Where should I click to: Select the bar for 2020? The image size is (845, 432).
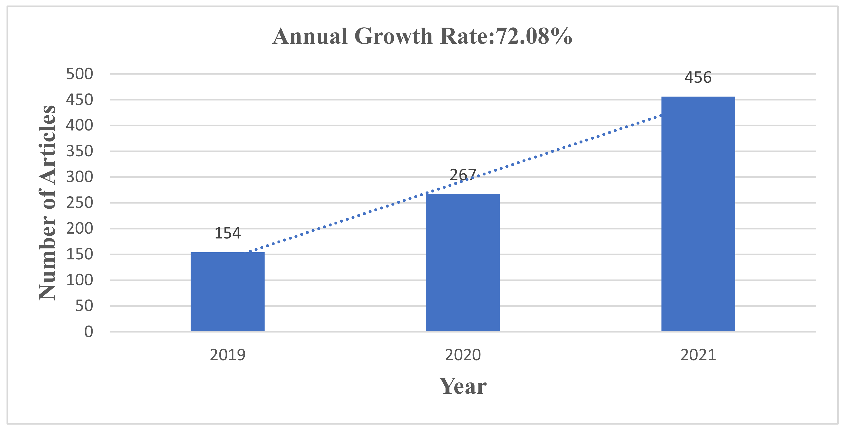463,263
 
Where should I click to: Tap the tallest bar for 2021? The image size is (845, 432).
698,213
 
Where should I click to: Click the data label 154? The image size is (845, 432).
227,233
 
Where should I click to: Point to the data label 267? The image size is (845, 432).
463,175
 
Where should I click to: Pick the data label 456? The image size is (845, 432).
698,77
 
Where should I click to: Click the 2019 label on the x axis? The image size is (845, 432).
227,355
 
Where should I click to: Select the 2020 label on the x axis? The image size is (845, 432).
463,355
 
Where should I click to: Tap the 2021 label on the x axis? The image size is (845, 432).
698,355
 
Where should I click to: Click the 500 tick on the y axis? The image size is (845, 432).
79,74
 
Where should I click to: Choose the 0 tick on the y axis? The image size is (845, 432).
89,332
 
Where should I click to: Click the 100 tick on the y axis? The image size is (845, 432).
79,280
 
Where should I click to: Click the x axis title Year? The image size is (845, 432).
463,386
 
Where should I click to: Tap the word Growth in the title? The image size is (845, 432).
393,36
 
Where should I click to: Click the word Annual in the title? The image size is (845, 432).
310,36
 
